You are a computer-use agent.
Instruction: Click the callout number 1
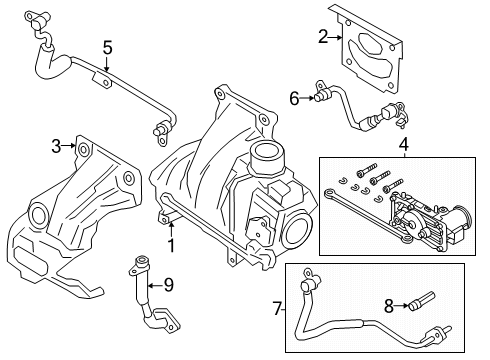tap(171, 244)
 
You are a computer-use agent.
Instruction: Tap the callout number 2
tap(323, 37)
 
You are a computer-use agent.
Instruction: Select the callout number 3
tap(56, 148)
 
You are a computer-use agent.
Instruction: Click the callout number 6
tap(295, 97)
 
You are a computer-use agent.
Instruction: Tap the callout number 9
tap(168, 285)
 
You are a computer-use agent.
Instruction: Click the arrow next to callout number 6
tap(309, 97)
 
